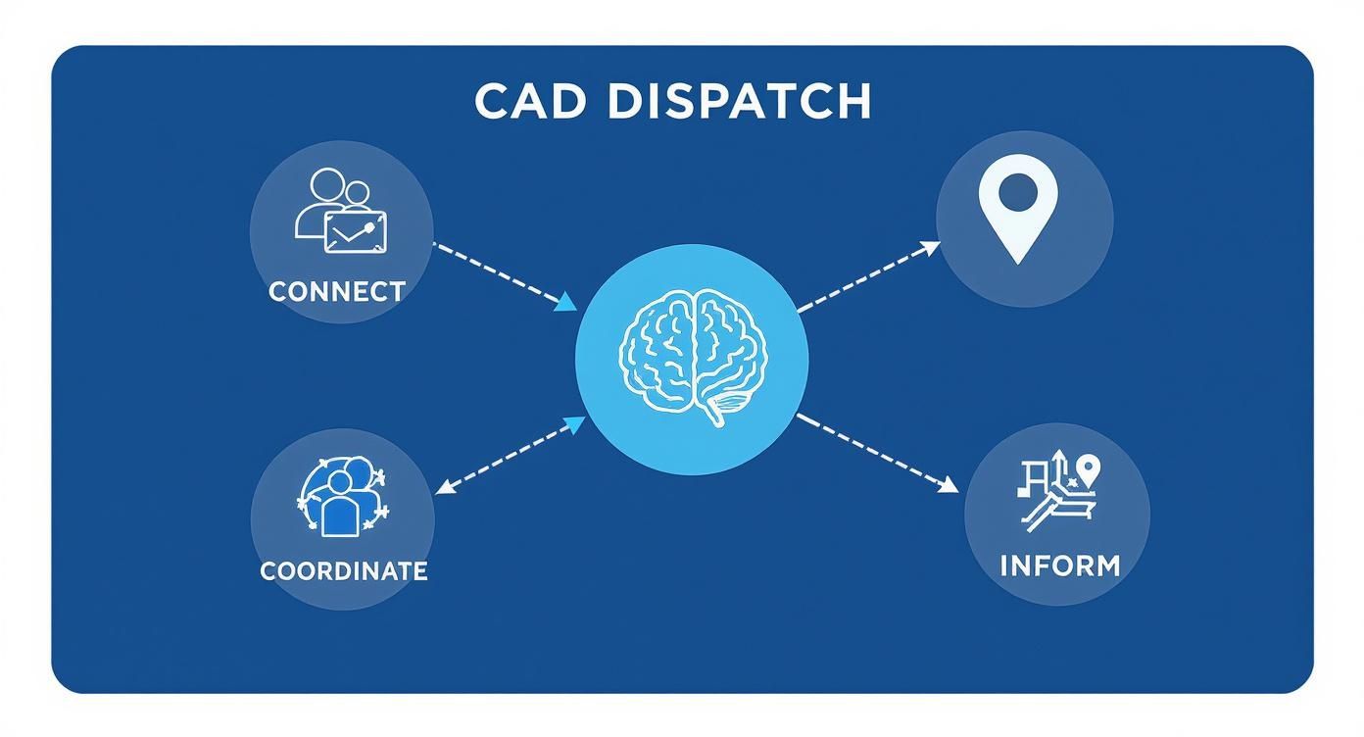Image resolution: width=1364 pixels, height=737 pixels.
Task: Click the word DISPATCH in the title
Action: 739,102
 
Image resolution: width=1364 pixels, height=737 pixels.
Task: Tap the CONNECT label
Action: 336,291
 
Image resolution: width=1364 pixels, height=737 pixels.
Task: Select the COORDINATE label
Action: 344,570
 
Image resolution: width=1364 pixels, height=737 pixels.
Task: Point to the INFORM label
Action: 1059,565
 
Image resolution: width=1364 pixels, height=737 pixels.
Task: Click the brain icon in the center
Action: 691,358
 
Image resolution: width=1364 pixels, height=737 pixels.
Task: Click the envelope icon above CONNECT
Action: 355,231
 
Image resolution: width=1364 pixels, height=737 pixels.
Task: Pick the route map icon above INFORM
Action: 1057,495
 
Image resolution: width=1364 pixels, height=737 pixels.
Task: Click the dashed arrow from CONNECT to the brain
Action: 500,275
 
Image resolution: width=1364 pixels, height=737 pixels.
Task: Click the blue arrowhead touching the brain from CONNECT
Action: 566,305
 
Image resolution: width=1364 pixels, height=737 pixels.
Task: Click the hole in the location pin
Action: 1019,192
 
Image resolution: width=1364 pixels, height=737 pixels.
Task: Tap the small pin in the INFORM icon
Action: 1088,468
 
